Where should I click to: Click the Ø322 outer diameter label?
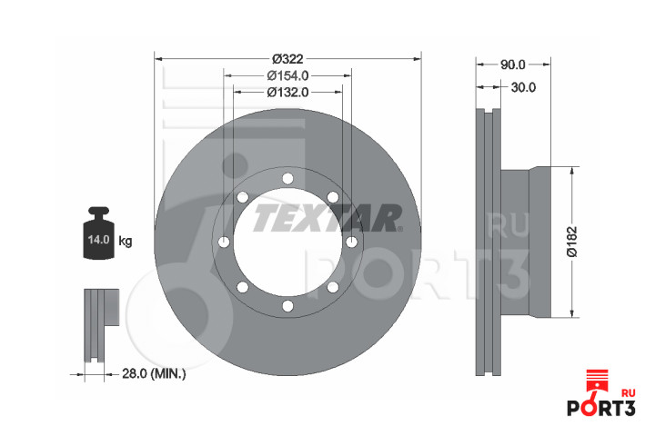point(287,59)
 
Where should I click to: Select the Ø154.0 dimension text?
point(287,75)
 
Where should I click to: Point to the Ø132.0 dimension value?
point(287,92)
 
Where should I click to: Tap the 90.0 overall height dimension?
point(512,64)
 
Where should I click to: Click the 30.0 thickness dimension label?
point(523,87)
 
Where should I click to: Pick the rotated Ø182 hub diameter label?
point(571,242)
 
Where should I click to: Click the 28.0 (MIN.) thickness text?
point(154,373)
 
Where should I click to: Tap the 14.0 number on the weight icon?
point(98,240)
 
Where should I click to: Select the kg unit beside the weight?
point(126,241)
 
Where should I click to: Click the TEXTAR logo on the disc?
point(327,218)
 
